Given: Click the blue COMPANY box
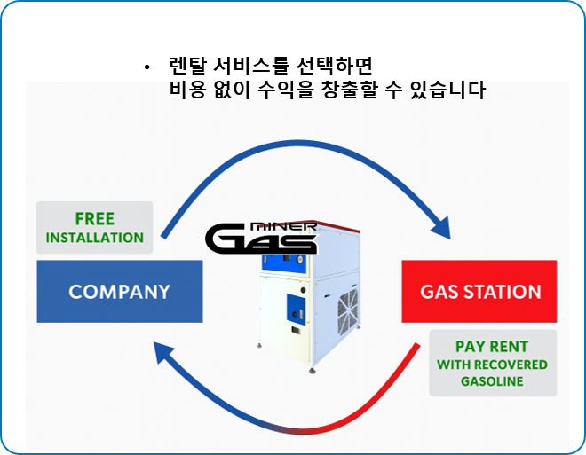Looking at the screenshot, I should pyautogui.click(x=119, y=291).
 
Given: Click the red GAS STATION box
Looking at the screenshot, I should pyautogui.click(x=479, y=291).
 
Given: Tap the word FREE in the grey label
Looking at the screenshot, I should pyautogui.click(x=94, y=219).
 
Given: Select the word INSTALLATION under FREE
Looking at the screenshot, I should pyautogui.click(x=94, y=238).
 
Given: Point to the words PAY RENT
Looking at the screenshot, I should pyautogui.click(x=491, y=346).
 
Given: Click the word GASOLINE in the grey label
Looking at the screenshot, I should pyautogui.click(x=491, y=381).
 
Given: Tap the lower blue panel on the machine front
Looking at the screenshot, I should pyautogui.click(x=293, y=310).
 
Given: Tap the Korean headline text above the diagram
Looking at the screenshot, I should pyautogui.click(x=327, y=90).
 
